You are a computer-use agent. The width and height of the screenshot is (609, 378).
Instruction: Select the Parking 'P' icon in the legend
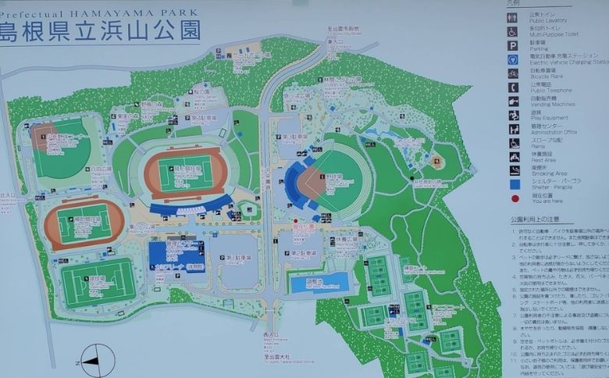pos(512,45)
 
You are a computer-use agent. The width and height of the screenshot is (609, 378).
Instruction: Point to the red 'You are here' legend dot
pos(514,198)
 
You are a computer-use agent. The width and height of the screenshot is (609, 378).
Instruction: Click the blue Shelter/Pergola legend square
pos(514,184)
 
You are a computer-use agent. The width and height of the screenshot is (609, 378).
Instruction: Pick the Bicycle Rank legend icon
pos(513,73)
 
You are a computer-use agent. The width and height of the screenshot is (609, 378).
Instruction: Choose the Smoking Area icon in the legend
pos(514,170)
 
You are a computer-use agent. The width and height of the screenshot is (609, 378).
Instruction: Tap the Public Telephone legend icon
pos(513,87)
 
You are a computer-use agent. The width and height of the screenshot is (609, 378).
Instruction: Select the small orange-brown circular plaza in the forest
pos(436,161)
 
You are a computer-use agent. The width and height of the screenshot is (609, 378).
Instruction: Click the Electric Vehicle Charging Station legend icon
pos(513,59)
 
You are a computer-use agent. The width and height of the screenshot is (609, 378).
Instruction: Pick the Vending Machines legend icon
pos(513,101)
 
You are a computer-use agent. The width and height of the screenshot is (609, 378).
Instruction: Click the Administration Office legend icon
pos(513,129)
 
